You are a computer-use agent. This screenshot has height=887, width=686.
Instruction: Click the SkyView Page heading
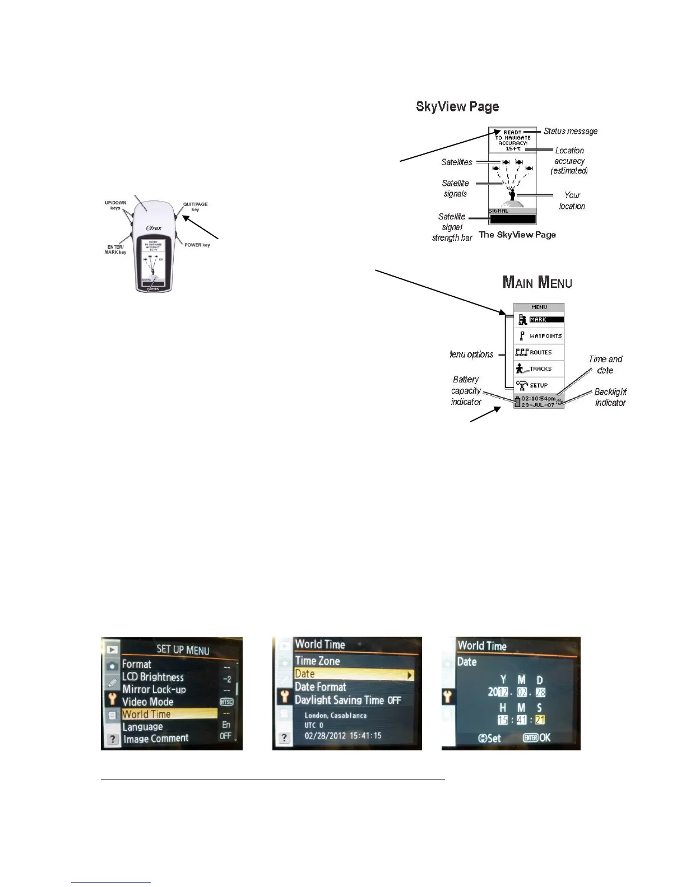coord(457,106)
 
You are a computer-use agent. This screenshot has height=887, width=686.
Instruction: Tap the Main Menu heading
coord(537,282)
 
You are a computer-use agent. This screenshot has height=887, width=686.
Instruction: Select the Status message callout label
coord(571,131)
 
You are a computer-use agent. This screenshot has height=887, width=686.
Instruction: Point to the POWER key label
coord(197,245)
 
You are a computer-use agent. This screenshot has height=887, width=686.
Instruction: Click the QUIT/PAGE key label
coord(195,207)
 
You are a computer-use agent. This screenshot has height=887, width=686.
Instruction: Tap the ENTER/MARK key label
coord(115,249)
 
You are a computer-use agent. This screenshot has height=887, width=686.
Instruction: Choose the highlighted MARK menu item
coord(539,320)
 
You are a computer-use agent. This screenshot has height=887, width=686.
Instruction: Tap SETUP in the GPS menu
coord(539,385)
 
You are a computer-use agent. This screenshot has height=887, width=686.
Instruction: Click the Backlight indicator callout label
coord(610,397)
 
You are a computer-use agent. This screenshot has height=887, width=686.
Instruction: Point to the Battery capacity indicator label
coord(466,390)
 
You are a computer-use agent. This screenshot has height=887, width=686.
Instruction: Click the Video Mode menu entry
coord(148,702)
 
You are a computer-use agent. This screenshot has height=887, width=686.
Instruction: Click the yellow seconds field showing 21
coord(540,720)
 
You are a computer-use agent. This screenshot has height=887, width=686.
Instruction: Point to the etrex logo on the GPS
coord(154,228)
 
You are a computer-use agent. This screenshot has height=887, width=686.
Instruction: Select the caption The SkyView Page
coord(517,235)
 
